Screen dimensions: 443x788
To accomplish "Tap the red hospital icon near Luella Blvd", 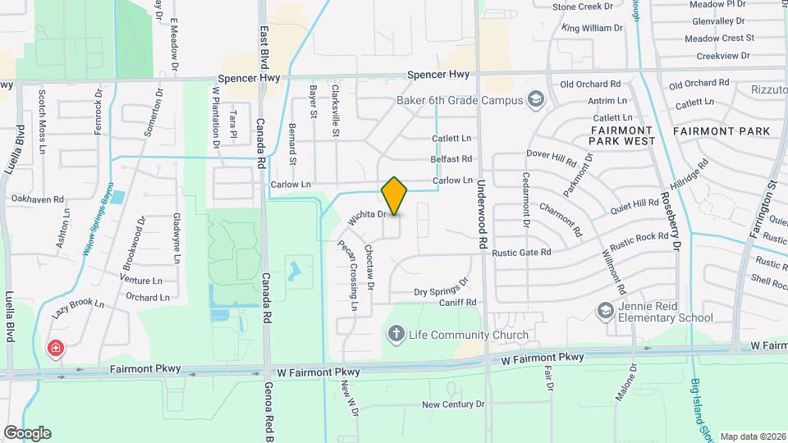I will tap(56, 349).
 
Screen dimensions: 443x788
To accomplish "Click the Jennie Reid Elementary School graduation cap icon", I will tap(606, 310).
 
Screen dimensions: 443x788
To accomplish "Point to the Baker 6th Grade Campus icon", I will tap(536, 100).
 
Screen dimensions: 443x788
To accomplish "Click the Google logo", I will tap(27, 433).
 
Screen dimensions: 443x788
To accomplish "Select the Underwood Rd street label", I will tap(482, 215).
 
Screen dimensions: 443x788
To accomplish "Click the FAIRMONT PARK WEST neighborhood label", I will tap(621, 135).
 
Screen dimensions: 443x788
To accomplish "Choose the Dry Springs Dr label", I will tap(440, 287).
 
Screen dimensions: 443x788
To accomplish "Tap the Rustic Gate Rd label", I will tap(521, 253).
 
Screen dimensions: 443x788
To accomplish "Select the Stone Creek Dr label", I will tap(583, 7).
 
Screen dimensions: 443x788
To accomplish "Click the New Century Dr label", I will tap(453, 404).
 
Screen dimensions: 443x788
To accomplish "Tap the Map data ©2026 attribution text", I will tap(753, 436).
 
